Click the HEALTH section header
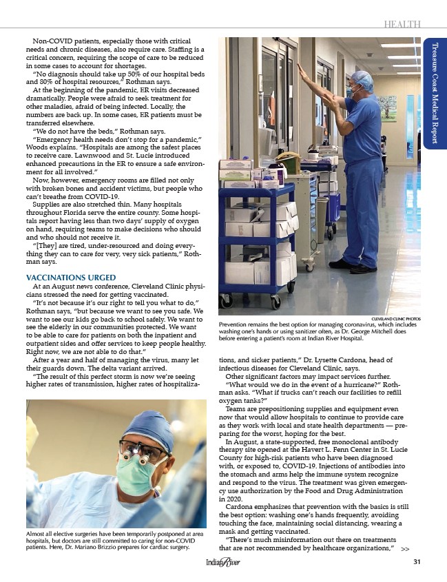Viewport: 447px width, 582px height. coord(402,25)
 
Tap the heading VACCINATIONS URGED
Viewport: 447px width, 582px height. coord(74,278)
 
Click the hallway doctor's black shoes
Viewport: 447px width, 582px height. coord(355,267)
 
